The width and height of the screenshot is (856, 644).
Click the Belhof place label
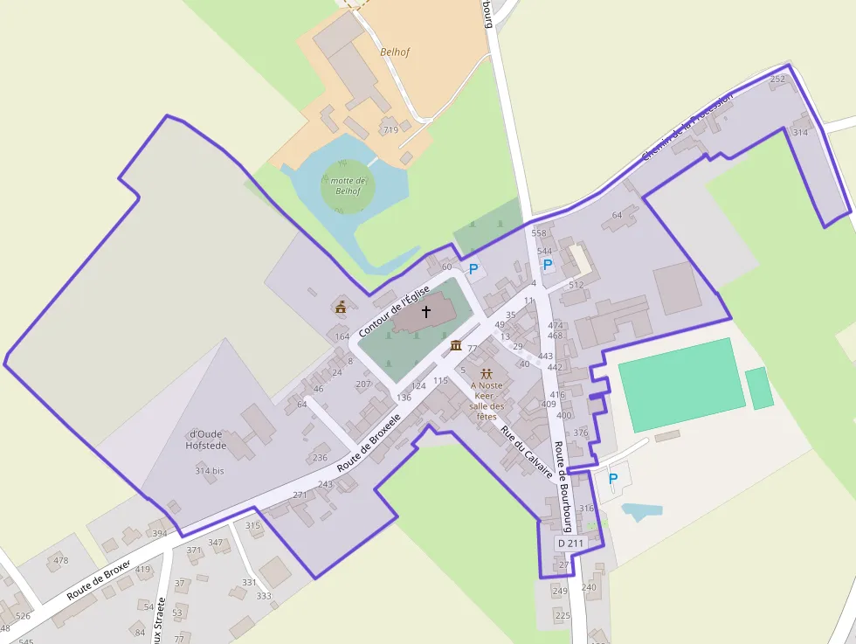tap(395, 52)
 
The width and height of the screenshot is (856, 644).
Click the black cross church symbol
tap(426, 311)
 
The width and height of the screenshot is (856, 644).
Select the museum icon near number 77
tap(455, 345)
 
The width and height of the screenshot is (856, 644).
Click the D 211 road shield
tap(570, 544)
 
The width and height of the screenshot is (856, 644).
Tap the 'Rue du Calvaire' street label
tap(527, 450)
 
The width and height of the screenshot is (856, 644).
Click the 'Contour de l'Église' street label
tap(394, 312)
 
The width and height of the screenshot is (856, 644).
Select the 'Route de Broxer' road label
tap(98, 579)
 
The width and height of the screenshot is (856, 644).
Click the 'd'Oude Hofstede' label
tap(206, 440)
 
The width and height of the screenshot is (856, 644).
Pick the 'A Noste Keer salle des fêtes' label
tap(487, 400)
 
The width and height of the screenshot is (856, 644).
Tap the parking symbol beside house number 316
tap(612, 479)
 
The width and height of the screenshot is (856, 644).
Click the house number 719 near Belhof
tap(390, 130)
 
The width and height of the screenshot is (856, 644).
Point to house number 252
tap(777, 80)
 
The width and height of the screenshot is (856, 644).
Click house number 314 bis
tap(210, 471)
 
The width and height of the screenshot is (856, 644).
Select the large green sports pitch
tap(681, 384)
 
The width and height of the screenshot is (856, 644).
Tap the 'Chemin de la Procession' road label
tap(687, 127)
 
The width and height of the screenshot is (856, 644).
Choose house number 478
tap(60, 560)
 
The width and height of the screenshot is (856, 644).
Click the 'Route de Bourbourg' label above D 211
tap(563, 486)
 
